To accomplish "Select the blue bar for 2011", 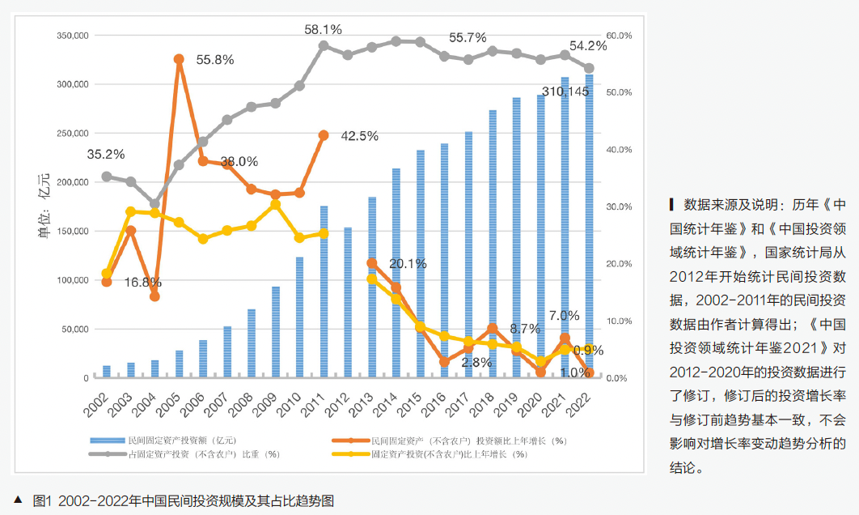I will click(x=324, y=292).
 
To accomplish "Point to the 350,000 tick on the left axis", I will click(x=72, y=36).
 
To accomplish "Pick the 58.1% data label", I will click(x=323, y=29).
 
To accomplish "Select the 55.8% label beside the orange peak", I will click(x=214, y=60).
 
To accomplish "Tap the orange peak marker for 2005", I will click(x=179, y=59).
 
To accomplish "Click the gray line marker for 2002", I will click(x=106, y=176).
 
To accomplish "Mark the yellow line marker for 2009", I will click(x=275, y=205).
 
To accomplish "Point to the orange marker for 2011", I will click(x=324, y=135).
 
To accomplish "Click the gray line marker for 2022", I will click(x=589, y=69).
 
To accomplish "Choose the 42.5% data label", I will click(x=359, y=136).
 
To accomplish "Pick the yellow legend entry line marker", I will click(x=348, y=454).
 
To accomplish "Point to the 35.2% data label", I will click(x=105, y=154).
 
